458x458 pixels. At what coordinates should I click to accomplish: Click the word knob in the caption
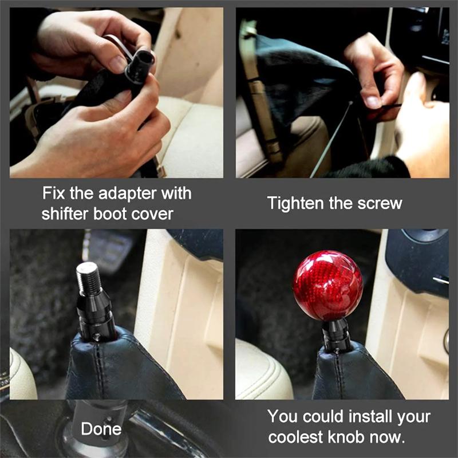coord(352,437)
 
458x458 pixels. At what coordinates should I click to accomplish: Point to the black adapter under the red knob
coord(336,334)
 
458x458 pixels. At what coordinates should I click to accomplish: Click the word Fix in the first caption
coord(53,193)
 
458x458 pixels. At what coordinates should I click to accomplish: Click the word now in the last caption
coord(392,437)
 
